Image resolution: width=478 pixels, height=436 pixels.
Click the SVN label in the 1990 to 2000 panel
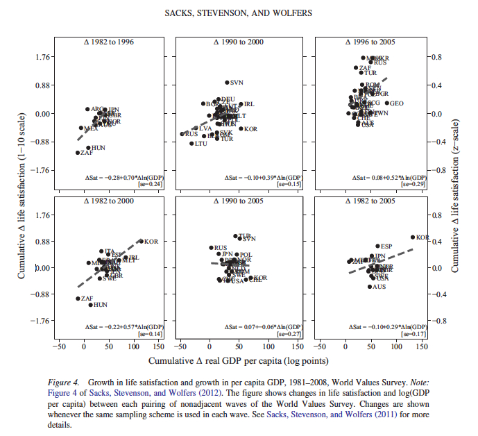(237, 83)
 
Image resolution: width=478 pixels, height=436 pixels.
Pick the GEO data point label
(398, 103)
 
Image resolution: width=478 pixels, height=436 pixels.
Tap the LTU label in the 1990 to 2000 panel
(201, 144)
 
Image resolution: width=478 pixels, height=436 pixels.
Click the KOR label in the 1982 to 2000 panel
(151, 242)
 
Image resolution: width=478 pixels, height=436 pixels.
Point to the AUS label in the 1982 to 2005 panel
(379, 287)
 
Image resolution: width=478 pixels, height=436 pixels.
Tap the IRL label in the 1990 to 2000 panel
(250, 104)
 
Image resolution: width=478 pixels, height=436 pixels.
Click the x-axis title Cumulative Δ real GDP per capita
(238, 361)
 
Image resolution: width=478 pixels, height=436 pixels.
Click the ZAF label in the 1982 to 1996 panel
(87, 153)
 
